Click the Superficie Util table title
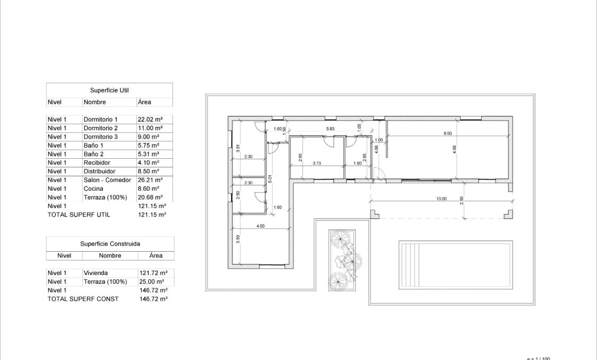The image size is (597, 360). (x=109, y=90)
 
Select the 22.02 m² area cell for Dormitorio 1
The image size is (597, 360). (x=150, y=119)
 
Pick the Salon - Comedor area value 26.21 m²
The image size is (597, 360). (x=150, y=180)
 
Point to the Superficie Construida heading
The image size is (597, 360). (x=110, y=244)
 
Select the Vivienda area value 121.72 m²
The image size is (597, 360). (x=152, y=273)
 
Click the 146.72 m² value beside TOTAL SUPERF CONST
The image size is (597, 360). (x=153, y=299)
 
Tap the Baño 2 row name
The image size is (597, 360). (x=93, y=154)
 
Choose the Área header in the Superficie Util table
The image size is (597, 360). (x=144, y=102)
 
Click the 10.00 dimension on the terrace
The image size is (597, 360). (x=441, y=199)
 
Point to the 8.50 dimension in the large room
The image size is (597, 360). (x=447, y=133)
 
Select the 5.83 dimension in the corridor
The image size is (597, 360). (x=330, y=128)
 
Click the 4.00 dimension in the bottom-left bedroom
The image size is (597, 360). (x=261, y=226)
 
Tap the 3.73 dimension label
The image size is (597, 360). (x=317, y=163)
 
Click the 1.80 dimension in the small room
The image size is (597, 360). (x=358, y=163)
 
